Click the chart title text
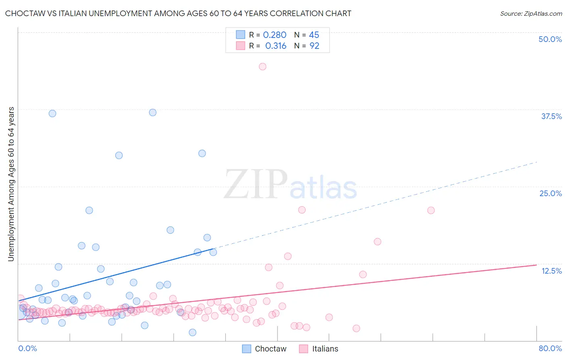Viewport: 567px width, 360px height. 178,13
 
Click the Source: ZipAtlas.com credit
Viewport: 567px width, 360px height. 531,13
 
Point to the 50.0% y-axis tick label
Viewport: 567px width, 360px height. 550,39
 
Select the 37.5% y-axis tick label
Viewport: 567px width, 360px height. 551,116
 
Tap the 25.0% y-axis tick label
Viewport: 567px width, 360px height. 550,193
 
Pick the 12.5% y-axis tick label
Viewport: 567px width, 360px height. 551,271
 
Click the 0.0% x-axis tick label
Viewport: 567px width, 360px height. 28,348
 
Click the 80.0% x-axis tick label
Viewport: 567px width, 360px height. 550,348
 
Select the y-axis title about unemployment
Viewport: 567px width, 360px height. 11,184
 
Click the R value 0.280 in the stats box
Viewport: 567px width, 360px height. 275,35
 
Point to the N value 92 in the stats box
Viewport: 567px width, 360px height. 314,46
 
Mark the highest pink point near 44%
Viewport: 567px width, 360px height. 263,67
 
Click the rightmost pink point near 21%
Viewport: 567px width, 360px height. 431,210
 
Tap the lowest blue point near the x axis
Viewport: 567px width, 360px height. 192,333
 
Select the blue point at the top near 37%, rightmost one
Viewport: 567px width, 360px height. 152,113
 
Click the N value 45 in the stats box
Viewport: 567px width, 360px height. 314,35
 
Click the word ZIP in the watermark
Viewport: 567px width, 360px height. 255,185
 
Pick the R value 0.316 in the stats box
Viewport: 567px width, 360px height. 276,46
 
